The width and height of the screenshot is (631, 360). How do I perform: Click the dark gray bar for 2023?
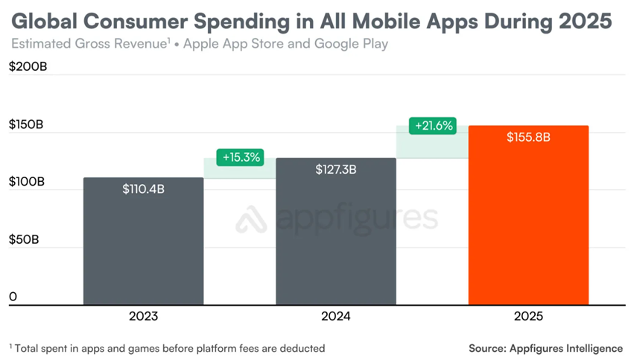(x=143, y=246)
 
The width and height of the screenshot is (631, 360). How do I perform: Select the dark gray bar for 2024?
(x=335, y=239)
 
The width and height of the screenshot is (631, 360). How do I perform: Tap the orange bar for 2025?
(x=528, y=224)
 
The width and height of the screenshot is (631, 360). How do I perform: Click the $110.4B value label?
(x=143, y=189)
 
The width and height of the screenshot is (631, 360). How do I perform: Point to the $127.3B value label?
(x=335, y=170)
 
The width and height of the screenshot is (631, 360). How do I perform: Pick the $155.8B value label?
(x=528, y=138)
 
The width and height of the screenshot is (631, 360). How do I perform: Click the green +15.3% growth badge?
(x=241, y=157)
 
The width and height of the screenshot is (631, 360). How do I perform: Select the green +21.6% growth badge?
(x=433, y=125)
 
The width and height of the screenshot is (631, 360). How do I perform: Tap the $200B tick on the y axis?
(x=27, y=66)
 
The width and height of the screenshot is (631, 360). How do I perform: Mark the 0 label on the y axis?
(x=13, y=297)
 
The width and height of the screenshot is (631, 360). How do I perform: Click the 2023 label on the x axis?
(x=143, y=317)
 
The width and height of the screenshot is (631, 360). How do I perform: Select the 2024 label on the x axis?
(x=335, y=317)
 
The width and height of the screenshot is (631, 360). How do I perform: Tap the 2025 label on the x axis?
(x=528, y=317)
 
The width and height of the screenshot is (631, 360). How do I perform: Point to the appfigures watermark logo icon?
(x=251, y=218)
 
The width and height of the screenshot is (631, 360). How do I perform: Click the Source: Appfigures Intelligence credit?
(x=545, y=348)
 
